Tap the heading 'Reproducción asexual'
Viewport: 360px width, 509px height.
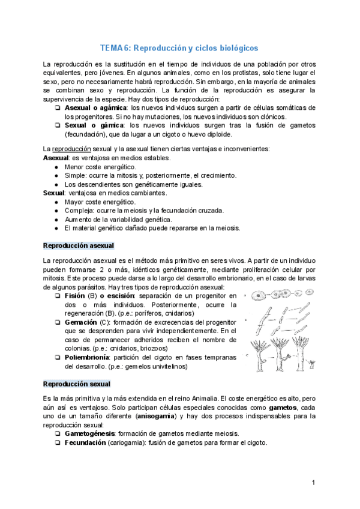pyautogui.click(x=79, y=246)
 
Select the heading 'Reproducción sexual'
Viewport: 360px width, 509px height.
pyautogui.click(x=76, y=383)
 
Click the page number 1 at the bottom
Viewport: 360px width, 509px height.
pyautogui.click(x=313, y=483)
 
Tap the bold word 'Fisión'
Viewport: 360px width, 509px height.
pyautogui.click(x=74, y=296)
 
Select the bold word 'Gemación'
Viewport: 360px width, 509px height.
pyautogui.click(x=80, y=322)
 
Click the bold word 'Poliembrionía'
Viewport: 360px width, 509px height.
pyautogui.click(x=86, y=358)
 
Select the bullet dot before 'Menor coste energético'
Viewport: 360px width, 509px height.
pyautogui.click(x=56, y=166)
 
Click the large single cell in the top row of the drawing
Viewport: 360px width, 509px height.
pyautogui.click(x=259, y=296)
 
